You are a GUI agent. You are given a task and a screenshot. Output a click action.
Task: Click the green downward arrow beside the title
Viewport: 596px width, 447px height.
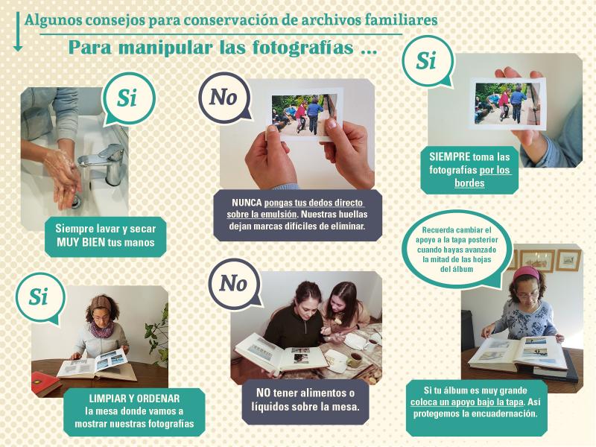[x=17, y=31]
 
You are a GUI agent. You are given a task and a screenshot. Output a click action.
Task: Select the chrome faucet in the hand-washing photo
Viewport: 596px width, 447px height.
[x=104, y=162]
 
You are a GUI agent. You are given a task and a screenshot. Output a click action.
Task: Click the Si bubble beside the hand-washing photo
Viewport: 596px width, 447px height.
[x=128, y=99]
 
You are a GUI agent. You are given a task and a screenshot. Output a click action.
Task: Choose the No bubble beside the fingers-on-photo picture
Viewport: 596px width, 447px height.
[x=225, y=98]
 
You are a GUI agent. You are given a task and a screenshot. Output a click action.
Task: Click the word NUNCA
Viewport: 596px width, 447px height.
[x=247, y=203]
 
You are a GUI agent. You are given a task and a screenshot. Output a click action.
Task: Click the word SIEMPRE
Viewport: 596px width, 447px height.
[x=450, y=156]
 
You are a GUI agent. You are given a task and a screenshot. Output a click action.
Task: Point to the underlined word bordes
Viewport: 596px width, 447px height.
[x=469, y=183]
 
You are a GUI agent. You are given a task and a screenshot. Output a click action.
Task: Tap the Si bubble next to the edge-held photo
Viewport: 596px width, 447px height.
[x=427, y=61]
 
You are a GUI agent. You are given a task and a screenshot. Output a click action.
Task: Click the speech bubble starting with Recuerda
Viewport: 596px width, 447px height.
[x=457, y=250]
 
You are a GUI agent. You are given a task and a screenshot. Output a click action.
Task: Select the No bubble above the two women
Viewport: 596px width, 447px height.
[x=234, y=284]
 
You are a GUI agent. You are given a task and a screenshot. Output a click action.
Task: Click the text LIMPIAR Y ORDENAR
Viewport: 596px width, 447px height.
[x=134, y=399]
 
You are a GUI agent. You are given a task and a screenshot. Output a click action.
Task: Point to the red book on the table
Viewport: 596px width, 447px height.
[x=45, y=383]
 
